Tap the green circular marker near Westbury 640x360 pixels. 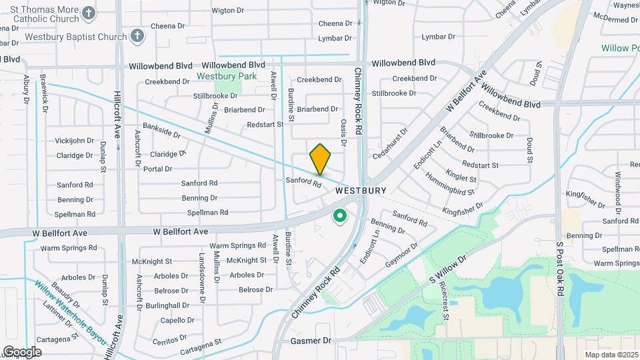point(340,216)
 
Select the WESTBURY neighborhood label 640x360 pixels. point(360,191)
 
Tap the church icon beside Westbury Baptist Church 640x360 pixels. point(137,37)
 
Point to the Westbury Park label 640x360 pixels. point(227,77)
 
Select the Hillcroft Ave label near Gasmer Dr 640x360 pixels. point(119,326)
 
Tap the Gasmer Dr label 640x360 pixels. point(311,341)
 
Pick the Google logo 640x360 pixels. point(21,352)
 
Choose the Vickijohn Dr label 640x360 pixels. point(74,141)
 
